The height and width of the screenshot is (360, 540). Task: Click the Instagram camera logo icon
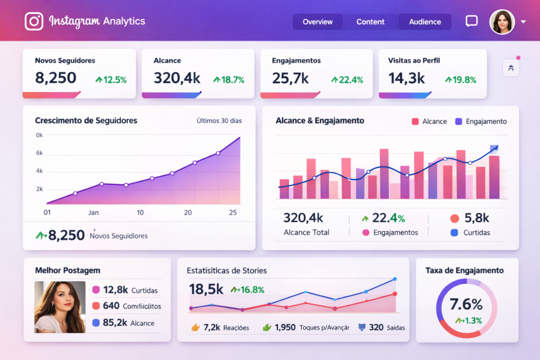(x=34, y=22)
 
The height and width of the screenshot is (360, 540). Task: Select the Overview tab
(x=317, y=22)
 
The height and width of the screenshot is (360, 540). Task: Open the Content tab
(x=370, y=22)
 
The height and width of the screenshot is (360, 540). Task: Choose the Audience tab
(x=425, y=22)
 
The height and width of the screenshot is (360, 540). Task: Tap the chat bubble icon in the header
(x=471, y=21)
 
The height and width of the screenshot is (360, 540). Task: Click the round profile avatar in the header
(x=502, y=22)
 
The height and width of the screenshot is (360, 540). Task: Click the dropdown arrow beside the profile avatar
(x=523, y=22)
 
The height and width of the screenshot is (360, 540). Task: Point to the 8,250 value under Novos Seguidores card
(x=55, y=78)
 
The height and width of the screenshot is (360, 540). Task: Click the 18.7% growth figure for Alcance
(x=229, y=80)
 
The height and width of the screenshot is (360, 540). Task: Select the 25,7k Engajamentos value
(x=290, y=78)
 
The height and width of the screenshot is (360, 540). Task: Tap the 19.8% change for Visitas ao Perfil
(x=461, y=80)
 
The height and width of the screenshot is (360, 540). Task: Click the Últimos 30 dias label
(x=219, y=121)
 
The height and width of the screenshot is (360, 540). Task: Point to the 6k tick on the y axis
(x=39, y=153)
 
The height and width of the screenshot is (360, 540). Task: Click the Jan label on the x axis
(x=93, y=213)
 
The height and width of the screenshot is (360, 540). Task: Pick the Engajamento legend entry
(x=480, y=121)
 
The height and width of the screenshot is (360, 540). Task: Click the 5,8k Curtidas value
(x=477, y=218)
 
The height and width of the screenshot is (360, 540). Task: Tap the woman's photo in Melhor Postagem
(x=60, y=307)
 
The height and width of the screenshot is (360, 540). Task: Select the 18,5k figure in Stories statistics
(x=206, y=289)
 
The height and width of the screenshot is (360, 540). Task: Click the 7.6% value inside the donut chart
(x=466, y=304)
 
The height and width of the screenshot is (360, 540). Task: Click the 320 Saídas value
(x=375, y=327)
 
